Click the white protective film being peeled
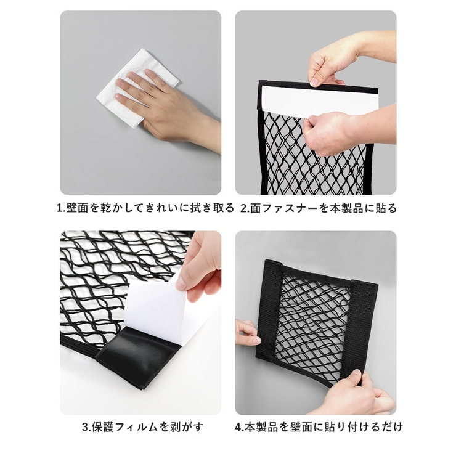[x=157, y=308]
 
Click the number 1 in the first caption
[x=59, y=208]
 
